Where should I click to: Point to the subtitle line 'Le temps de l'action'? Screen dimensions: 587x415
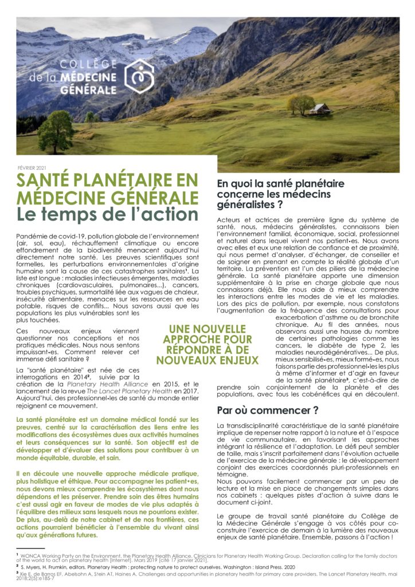pos(107,214)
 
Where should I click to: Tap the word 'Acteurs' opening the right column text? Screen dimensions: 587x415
pos(231,220)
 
